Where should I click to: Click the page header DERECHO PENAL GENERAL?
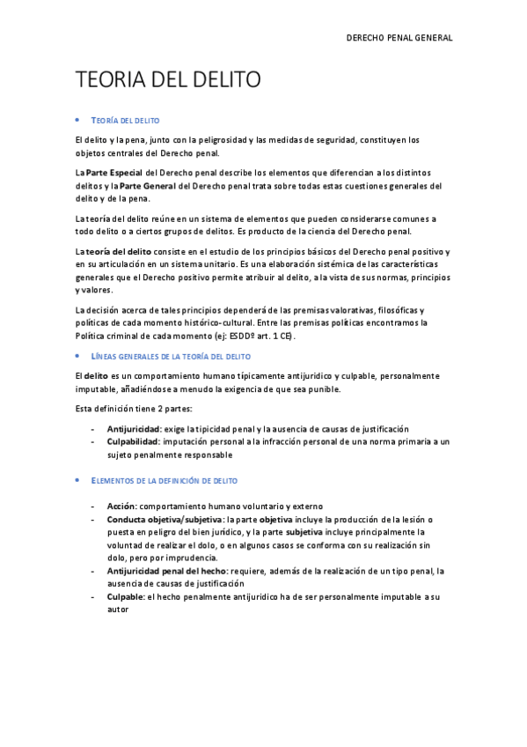point(399,39)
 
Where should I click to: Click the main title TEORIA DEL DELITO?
point(168,81)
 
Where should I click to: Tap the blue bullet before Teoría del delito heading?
point(78,118)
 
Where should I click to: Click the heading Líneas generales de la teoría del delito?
point(172,356)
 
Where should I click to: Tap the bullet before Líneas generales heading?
point(78,356)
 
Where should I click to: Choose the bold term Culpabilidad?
point(133,441)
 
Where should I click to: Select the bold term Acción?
point(121,507)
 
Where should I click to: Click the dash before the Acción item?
point(94,507)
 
